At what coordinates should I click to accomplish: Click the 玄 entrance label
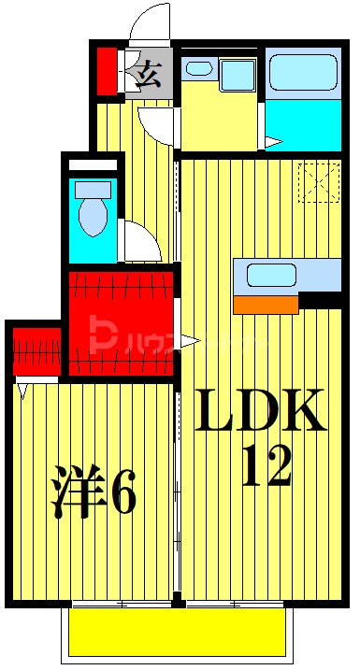[x=150, y=73]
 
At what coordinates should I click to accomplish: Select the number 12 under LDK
[x=266, y=464]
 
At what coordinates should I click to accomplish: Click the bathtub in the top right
[x=302, y=72]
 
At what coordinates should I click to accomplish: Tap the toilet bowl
[x=93, y=217]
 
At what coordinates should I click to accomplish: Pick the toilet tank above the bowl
[x=93, y=189]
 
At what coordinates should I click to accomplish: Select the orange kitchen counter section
[x=266, y=304]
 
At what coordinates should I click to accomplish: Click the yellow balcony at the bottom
[x=176, y=633]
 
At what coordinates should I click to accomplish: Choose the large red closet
[x=121, y=322]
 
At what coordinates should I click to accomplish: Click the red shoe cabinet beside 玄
[x=108, y=70]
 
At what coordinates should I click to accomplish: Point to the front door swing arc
[x=148, y=23]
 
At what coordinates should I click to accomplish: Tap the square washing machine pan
[x=238, y=76]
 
